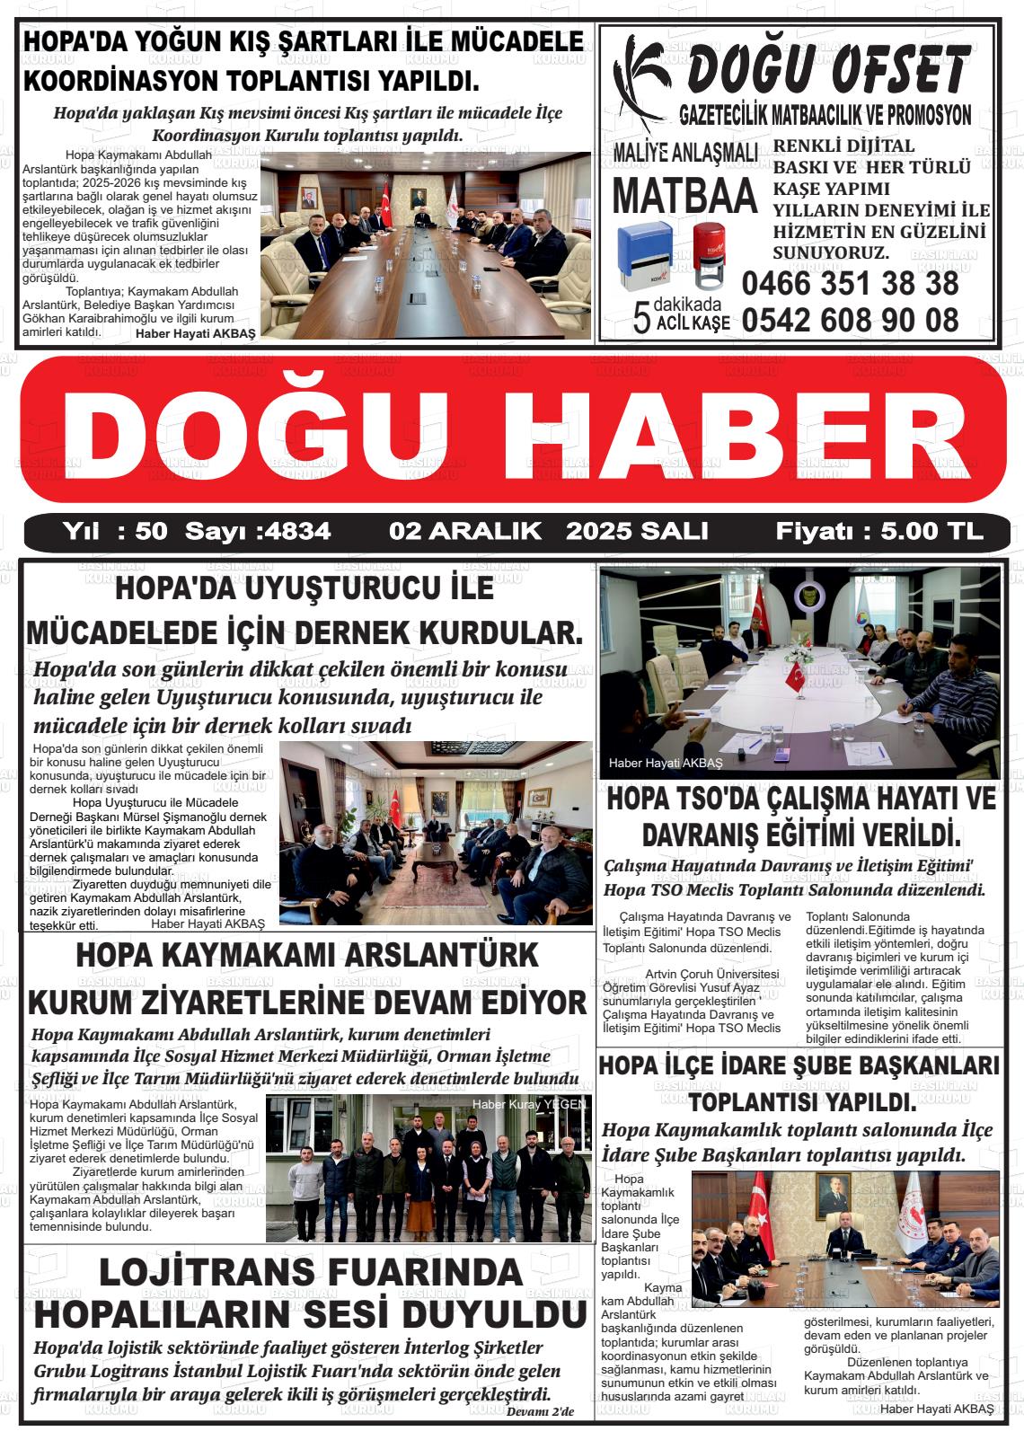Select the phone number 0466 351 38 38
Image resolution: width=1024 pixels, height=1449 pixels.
tap(850, 284)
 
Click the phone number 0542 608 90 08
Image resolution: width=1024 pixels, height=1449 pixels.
tap(850, 320)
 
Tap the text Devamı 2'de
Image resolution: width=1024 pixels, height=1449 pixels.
tap(540, 1412)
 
